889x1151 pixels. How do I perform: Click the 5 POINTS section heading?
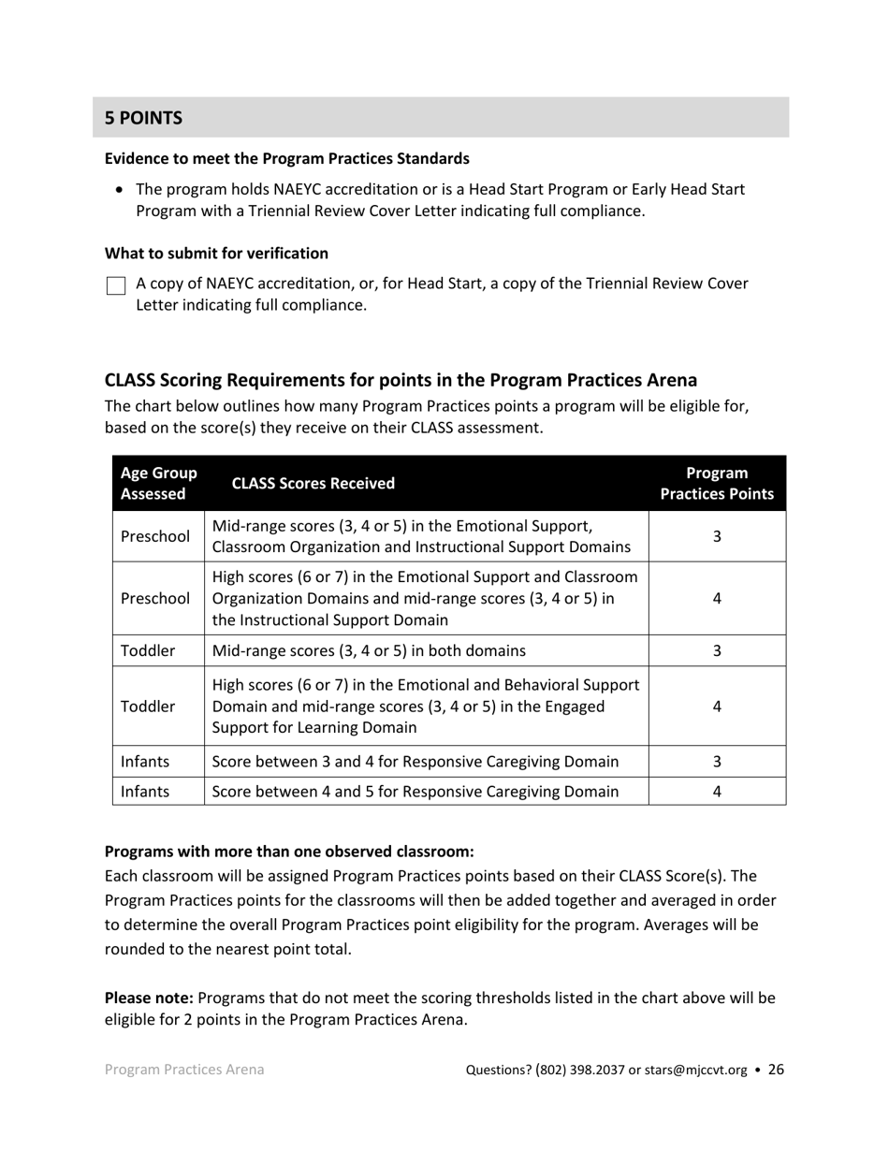tap(143, 118)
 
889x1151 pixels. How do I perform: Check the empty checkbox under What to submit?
tap(116, 285)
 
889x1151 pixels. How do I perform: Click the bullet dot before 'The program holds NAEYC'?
tap(119, 190)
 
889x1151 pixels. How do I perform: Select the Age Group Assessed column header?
tap(158, 484)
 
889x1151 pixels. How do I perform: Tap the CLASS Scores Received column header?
tap(313, 484)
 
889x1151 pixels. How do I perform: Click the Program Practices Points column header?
tap(717, 484)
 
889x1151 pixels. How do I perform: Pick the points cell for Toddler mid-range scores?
tap(717, 650)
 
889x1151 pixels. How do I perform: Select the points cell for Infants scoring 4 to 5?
tap(717, 792)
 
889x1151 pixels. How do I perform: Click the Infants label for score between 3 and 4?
tap(145, 762)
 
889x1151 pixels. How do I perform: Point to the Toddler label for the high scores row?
tap(148, 707)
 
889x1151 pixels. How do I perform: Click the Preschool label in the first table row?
tap(154, 536)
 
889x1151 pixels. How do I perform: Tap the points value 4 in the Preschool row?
tap(717, 599)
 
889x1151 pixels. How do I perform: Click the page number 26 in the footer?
tap(776, 1070)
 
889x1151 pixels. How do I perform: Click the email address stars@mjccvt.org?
tap(695, 1071)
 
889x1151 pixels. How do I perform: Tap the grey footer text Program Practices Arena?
tap(184, 1070)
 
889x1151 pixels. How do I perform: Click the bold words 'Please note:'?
tap(149, 998)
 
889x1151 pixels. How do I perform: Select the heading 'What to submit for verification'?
tap(216, 254)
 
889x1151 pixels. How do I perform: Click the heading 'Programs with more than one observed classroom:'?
tap(289, 852)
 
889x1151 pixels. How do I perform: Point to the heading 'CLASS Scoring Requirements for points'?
tap(401, 380)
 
